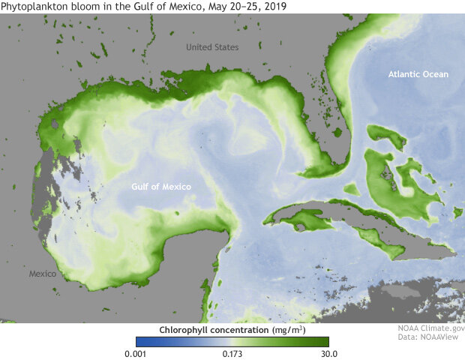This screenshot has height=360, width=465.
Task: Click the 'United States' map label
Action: click(212, 47)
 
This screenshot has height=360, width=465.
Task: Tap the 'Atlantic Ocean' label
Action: click(418, 74)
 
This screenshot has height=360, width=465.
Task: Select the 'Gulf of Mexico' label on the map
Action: click(160, 187)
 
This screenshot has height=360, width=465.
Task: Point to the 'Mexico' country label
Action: click(42, 274)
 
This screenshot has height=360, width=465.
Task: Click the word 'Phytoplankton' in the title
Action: click(33, 7)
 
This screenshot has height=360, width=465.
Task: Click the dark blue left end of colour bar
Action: click(139, 342)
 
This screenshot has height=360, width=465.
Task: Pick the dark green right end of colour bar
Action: click(325, 342)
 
